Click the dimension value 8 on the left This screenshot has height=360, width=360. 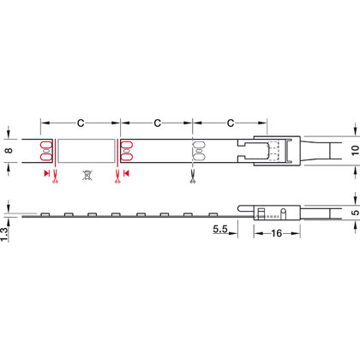(9, 151)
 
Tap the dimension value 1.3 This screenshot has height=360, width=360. (9, 230)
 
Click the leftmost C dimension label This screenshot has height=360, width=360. (80, 123)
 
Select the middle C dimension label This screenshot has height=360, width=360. (156, 123)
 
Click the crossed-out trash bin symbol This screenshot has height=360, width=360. (86, 176)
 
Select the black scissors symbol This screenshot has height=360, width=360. (193, 177)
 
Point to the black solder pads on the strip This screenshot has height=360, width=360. (196, 150)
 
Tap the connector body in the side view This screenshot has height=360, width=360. (273, 211)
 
